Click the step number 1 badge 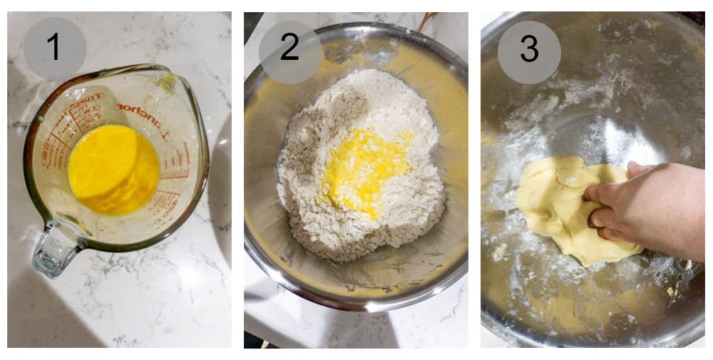[x=55, y=48]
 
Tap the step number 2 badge [x=290, y=48]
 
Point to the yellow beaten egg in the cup [x=113, y=169]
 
